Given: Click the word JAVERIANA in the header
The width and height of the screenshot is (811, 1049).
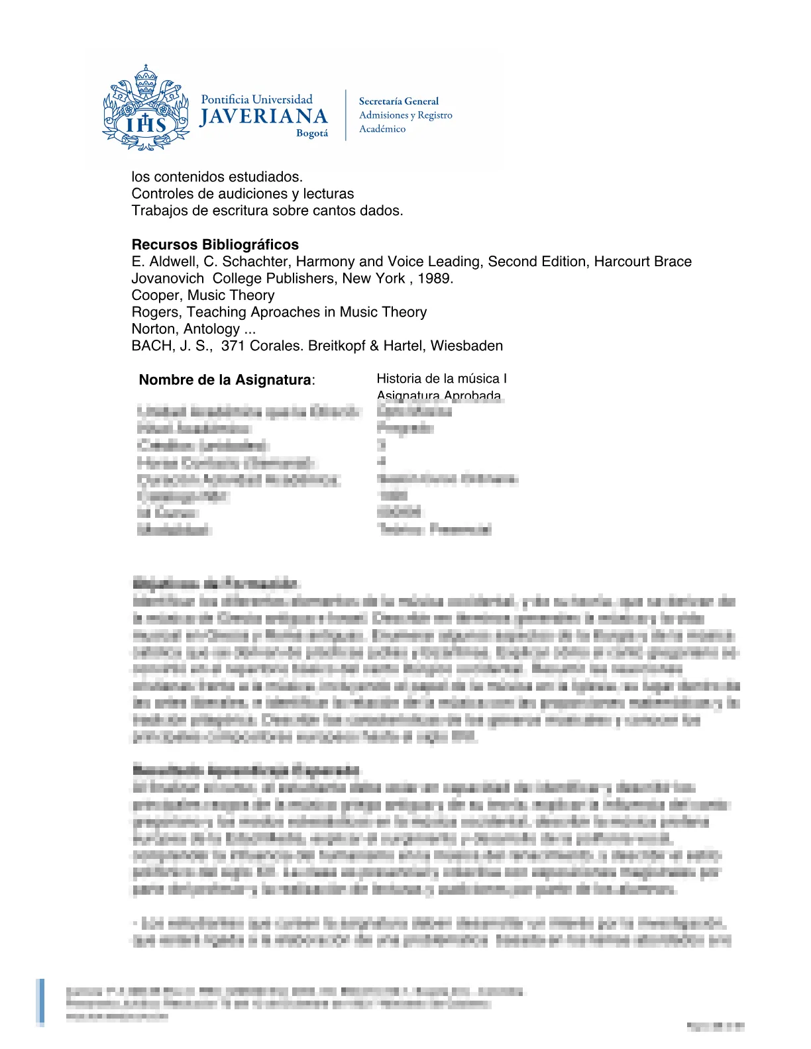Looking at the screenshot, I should pos(264,117).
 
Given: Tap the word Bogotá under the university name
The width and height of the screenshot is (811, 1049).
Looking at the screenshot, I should pos(312,133).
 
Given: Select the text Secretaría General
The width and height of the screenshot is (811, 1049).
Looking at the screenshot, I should pos(398,101).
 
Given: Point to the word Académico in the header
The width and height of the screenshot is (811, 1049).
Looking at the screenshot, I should pos(382,129).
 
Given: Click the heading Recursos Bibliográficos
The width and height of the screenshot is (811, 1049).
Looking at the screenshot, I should pos(215,244).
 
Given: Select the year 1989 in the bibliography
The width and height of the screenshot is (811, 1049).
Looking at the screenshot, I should pos(433,278).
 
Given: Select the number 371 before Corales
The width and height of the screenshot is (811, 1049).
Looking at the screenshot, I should pos(233,346).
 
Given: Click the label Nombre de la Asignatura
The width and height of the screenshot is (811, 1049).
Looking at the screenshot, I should pos(225,380).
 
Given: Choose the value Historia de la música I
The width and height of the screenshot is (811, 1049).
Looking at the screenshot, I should pos(441,379).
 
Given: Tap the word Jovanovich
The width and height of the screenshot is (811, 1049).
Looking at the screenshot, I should pos(168,278).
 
